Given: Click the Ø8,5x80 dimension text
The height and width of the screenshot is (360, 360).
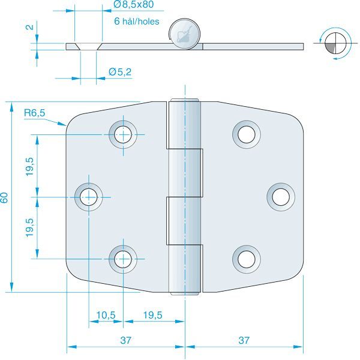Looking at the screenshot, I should coord(134,5).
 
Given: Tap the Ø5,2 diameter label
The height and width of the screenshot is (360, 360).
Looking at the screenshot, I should coord(120,72).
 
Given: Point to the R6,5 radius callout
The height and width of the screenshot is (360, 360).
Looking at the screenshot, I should coord(34,113).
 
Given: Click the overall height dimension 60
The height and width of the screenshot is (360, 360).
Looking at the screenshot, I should coord(5,197).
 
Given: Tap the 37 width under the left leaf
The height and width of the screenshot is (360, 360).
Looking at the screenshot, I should coord(125,340).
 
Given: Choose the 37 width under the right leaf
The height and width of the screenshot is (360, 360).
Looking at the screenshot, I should coord(244,340).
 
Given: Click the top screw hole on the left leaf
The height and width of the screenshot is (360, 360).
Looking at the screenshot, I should coord(124,134).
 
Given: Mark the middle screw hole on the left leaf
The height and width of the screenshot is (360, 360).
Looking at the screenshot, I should coord(89,196).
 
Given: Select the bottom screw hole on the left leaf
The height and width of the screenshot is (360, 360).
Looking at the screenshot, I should coord(124,258).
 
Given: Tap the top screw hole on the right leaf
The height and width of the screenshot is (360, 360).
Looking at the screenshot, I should coord(246,134).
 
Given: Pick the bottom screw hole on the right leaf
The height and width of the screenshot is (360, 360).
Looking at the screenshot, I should coord(246,258).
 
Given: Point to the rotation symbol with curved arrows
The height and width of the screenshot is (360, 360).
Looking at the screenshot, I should coord(332,43).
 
